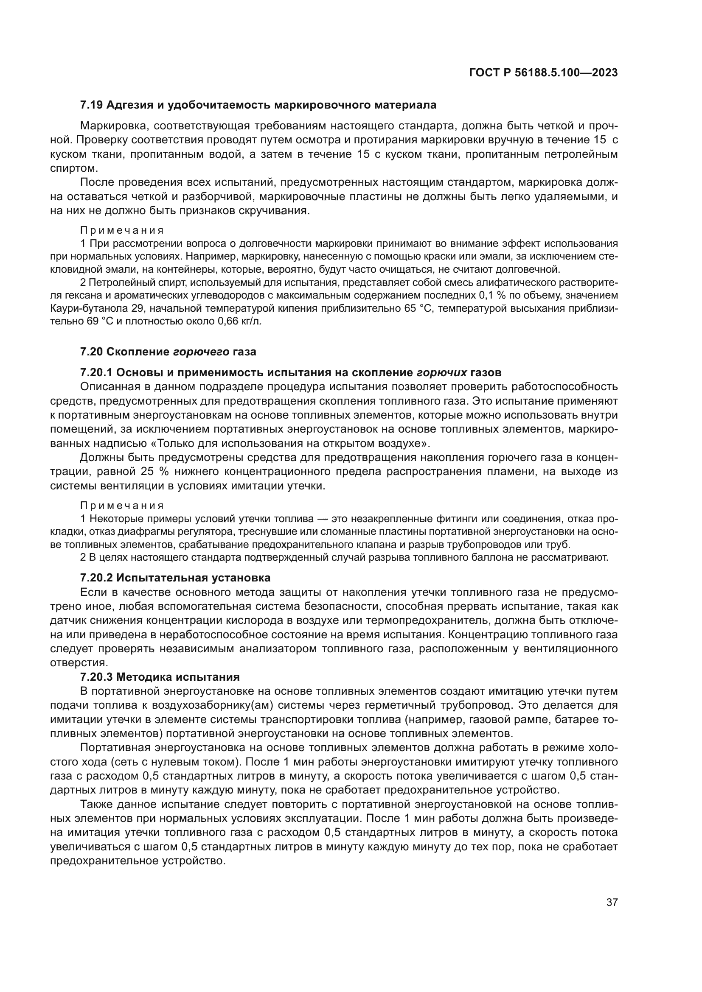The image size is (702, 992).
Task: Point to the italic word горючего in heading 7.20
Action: point(202,352)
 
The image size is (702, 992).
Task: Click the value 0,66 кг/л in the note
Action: point(242,321)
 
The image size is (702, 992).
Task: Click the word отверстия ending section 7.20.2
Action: point(78,663)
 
